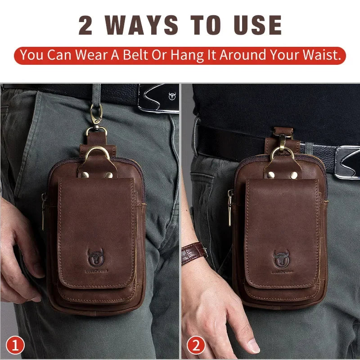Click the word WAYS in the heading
[x=145, y=25]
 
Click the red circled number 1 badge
[x=16, y=346]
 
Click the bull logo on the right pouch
[x=282, y=259]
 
